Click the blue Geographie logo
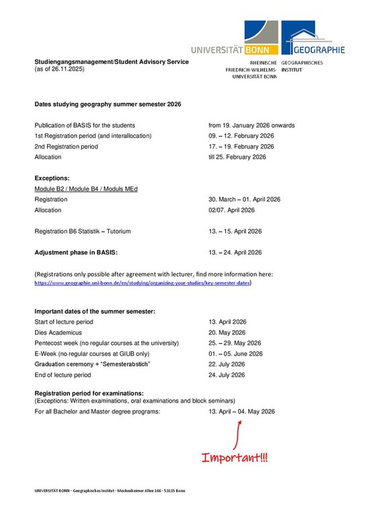(x=313, y=37)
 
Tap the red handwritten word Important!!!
(x=235, y=458)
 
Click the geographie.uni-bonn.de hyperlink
(x=143, y=283)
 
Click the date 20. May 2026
(x=227, y=333)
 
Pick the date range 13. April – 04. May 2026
(x=241, y=411)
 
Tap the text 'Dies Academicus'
(x=58, y=333)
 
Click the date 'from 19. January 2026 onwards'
(x=251, y=125)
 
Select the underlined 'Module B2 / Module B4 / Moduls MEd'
(x=86, y=189)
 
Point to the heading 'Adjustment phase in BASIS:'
(x=76, y=253)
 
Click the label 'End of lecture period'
(x=63, y=375)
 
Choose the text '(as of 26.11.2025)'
(x=60, y=69)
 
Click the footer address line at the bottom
(x=110, y=491)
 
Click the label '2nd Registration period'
(x=71, y=146)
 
